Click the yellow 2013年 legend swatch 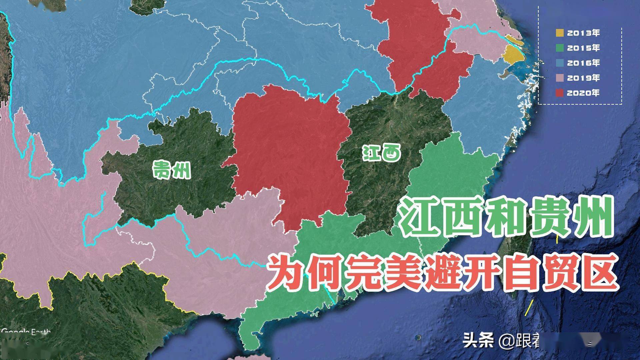pyautogui.click(x=560, y=33)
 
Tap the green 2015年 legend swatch pyautogui.click(x=560, y=48)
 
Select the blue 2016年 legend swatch pyautogui.click(x=560, y=63)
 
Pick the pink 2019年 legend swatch pyautogui.click(x=560, y=78)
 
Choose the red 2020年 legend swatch pyautogui.click(x=560, y=93)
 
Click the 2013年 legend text pyautogui.click(x=583, y=33)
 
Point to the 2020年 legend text pyautogui.click(x=583, y=93)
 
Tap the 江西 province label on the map pyautogui.click(x=382, y=154)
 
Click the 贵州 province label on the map pyautogui.click(x=172, y=169)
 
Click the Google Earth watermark pyautogui.click(x=26, y=332)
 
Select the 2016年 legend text pyautogui.click(x=583, y=63)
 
